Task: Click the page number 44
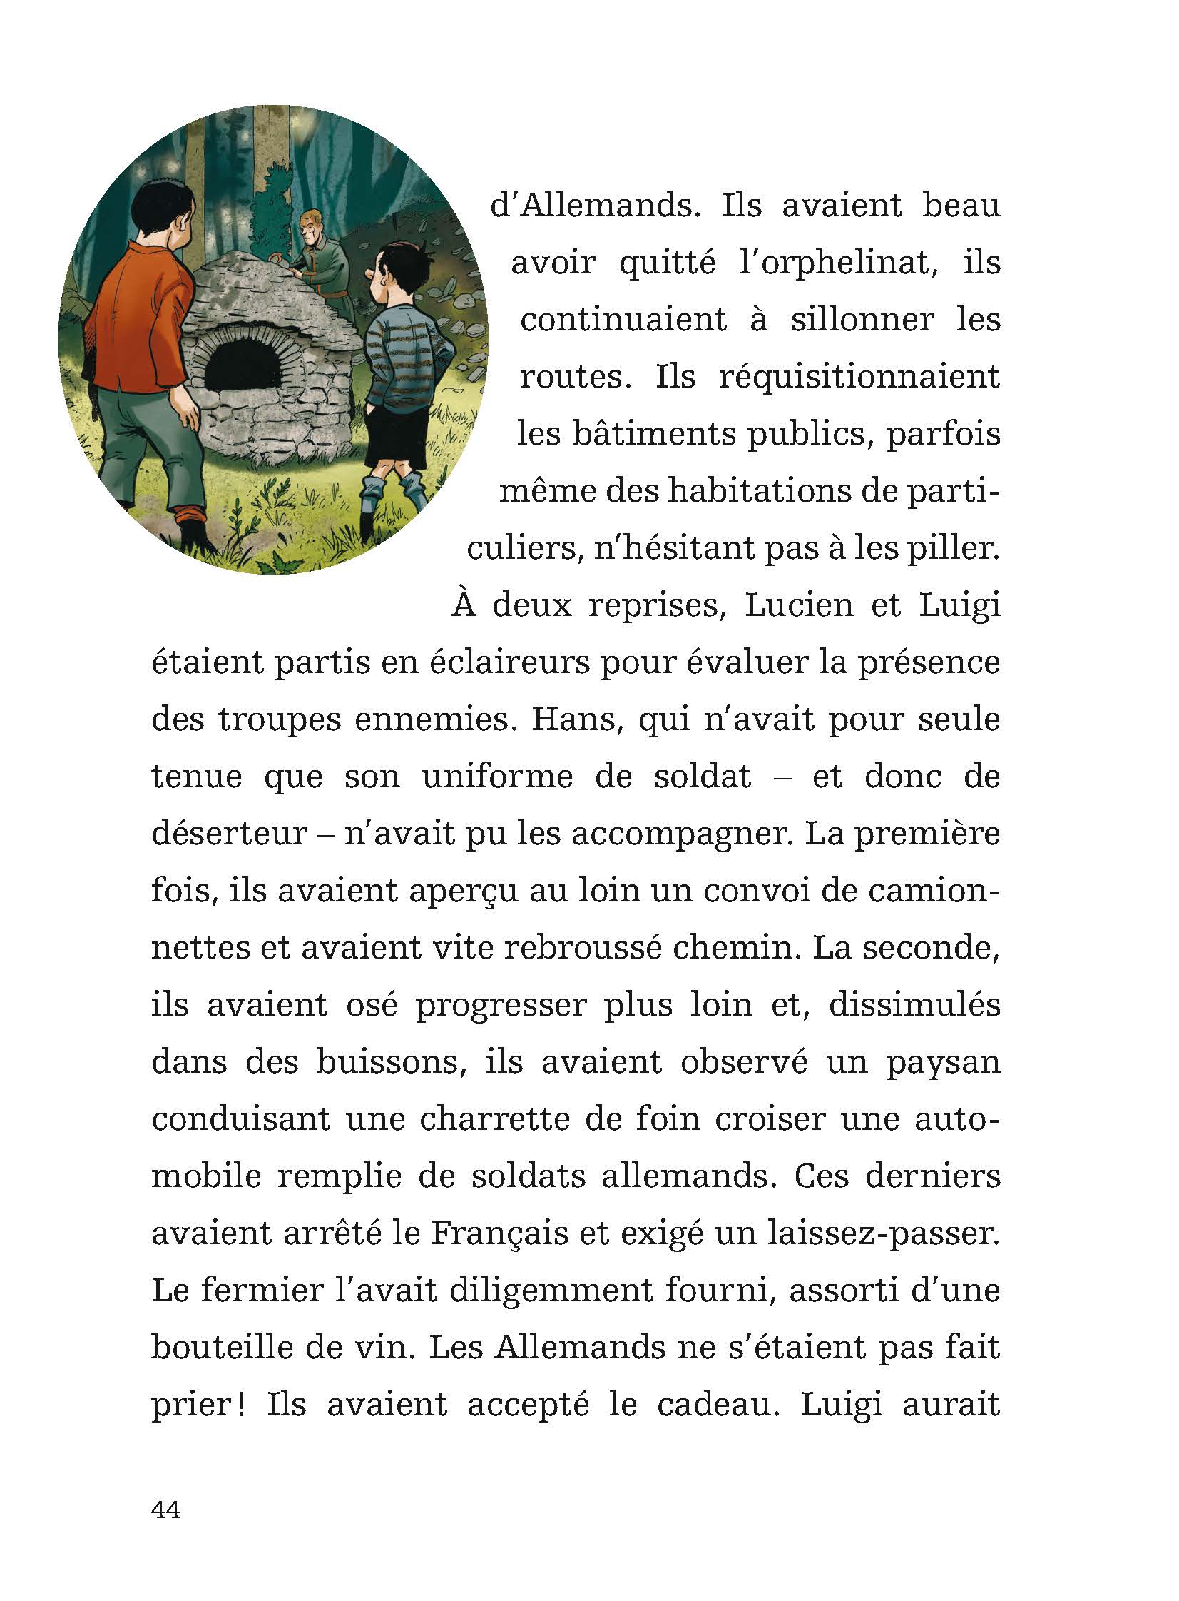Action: (x=165, y=1509)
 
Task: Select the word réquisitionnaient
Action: (x=859, y=377)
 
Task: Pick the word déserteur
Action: (x=228, y=834)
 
